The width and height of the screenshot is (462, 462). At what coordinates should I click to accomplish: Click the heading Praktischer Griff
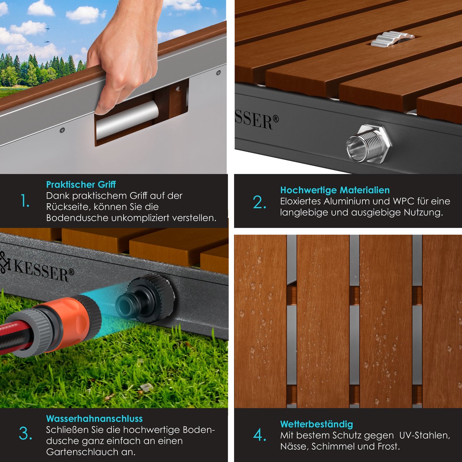pos(81,185)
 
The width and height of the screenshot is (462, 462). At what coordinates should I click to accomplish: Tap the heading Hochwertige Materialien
pos(335,190)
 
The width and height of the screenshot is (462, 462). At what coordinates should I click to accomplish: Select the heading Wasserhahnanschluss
pos(94,418)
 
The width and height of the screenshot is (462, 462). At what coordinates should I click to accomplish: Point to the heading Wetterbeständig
pos(316,424)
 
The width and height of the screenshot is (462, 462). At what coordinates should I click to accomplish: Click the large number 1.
pos(25,201)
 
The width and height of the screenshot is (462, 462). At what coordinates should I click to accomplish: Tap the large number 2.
pos(259,202)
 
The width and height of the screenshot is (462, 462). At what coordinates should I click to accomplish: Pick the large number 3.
pos(25,434)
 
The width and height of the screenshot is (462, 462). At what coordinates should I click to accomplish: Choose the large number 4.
pos(259,435)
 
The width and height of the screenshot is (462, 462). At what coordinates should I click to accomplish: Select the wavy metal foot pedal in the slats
pos(392,40)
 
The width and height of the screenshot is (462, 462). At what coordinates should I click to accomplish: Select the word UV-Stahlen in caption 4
pos(425,435)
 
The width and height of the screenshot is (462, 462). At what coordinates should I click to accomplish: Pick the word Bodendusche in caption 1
pos(77,218)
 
